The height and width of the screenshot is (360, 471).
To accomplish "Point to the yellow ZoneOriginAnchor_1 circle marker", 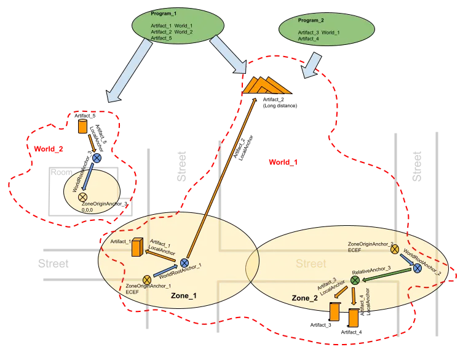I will coord(147,281).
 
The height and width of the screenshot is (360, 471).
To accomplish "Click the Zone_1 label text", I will coord(184,295).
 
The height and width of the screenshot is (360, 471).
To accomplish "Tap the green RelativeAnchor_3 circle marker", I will coord(355,280).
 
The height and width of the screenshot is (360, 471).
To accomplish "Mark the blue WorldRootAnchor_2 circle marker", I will coord(418,268).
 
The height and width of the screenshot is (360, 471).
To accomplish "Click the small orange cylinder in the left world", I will coord(82,127).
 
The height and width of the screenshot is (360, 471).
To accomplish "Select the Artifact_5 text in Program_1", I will coord(161,38).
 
